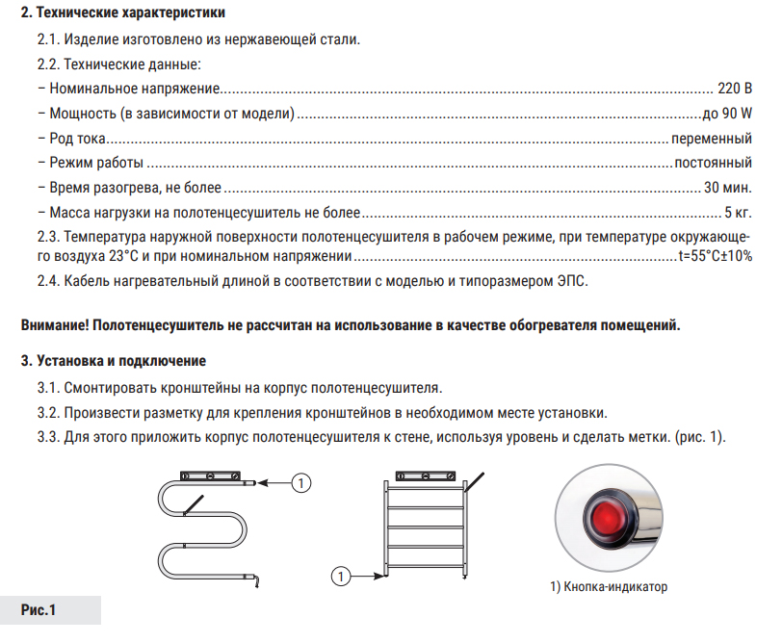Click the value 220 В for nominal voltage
click(735, 90)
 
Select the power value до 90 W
click(727, 114)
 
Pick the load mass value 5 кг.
click(739, 211)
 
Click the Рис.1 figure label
click(39, 610)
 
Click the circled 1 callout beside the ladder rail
click(339, 577)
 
